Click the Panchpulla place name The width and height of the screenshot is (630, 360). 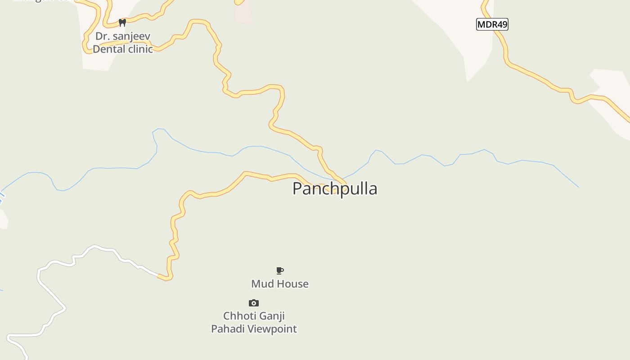(x=335, y=189)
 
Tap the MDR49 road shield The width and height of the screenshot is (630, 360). (x=492, y=24)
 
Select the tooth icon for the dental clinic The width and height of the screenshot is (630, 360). (x=122, y=22)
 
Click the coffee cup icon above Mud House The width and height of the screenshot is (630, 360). (x=280, y=270)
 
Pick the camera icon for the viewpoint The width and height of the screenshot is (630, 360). (x=254, y=303)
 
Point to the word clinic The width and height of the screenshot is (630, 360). (x=140, y=49)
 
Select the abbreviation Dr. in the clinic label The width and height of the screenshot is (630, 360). (x=102, y=36)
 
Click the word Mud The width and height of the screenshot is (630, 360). (x=262, y=284)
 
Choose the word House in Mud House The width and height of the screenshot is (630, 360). (x=292, y=284)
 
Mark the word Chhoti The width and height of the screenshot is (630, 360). (x=238, y=316)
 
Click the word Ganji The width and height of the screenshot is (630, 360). (x=271, y=316)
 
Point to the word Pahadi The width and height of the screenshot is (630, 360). (x=228, y=329)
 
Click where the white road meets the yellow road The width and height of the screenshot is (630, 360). (x=159, y=275)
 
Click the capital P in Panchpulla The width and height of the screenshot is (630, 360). (x=298, y=189)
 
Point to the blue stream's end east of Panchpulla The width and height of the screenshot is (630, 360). (x=578, y=187)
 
